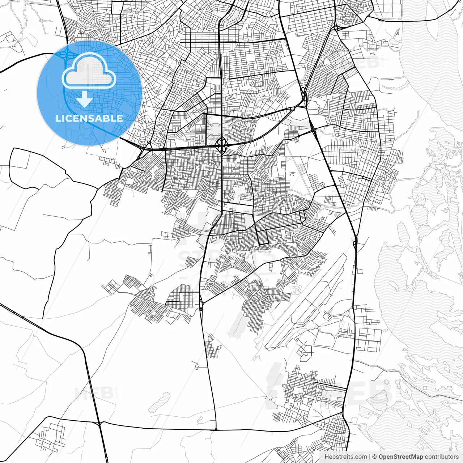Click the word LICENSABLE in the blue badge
pyautogui.click(x=89, y=118)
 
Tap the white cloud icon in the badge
pyautogui.click(x=89, y=72)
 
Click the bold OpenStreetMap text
pyautogui.click(x=401, y=457)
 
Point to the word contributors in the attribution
pyautogui.click(x=442, y=457)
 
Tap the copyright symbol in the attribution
pyautogui.click(x=375, y=457)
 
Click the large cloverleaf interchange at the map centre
pyautogui.click(x=221, y=146)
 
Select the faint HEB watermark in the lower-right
pyautogui.click(x=365, y=392)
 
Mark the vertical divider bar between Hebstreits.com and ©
pyautogui.click(x=369, y=457)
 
